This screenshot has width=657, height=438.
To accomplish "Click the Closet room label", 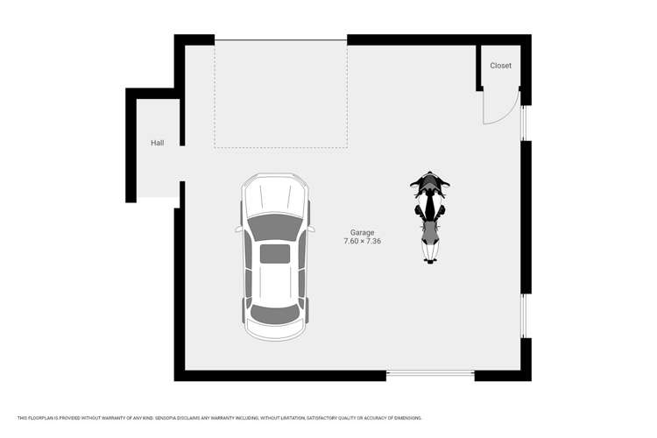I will pos(500,66).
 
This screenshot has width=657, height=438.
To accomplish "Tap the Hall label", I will pos(157,142).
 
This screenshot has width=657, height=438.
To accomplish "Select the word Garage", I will pos(363,232).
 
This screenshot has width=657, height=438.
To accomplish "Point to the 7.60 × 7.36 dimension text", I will pos(363,241).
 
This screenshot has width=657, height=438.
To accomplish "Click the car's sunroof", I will pos(275,254).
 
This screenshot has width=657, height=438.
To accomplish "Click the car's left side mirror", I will pos(238,230).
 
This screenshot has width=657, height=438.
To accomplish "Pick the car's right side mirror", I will pos(312,230).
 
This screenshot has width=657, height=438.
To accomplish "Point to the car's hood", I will pos(275,197).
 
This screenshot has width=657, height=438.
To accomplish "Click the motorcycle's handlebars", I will pos(430,185).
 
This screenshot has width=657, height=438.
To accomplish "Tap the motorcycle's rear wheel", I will pos(430,257).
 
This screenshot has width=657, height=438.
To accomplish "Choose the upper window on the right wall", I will pos(526,123).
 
